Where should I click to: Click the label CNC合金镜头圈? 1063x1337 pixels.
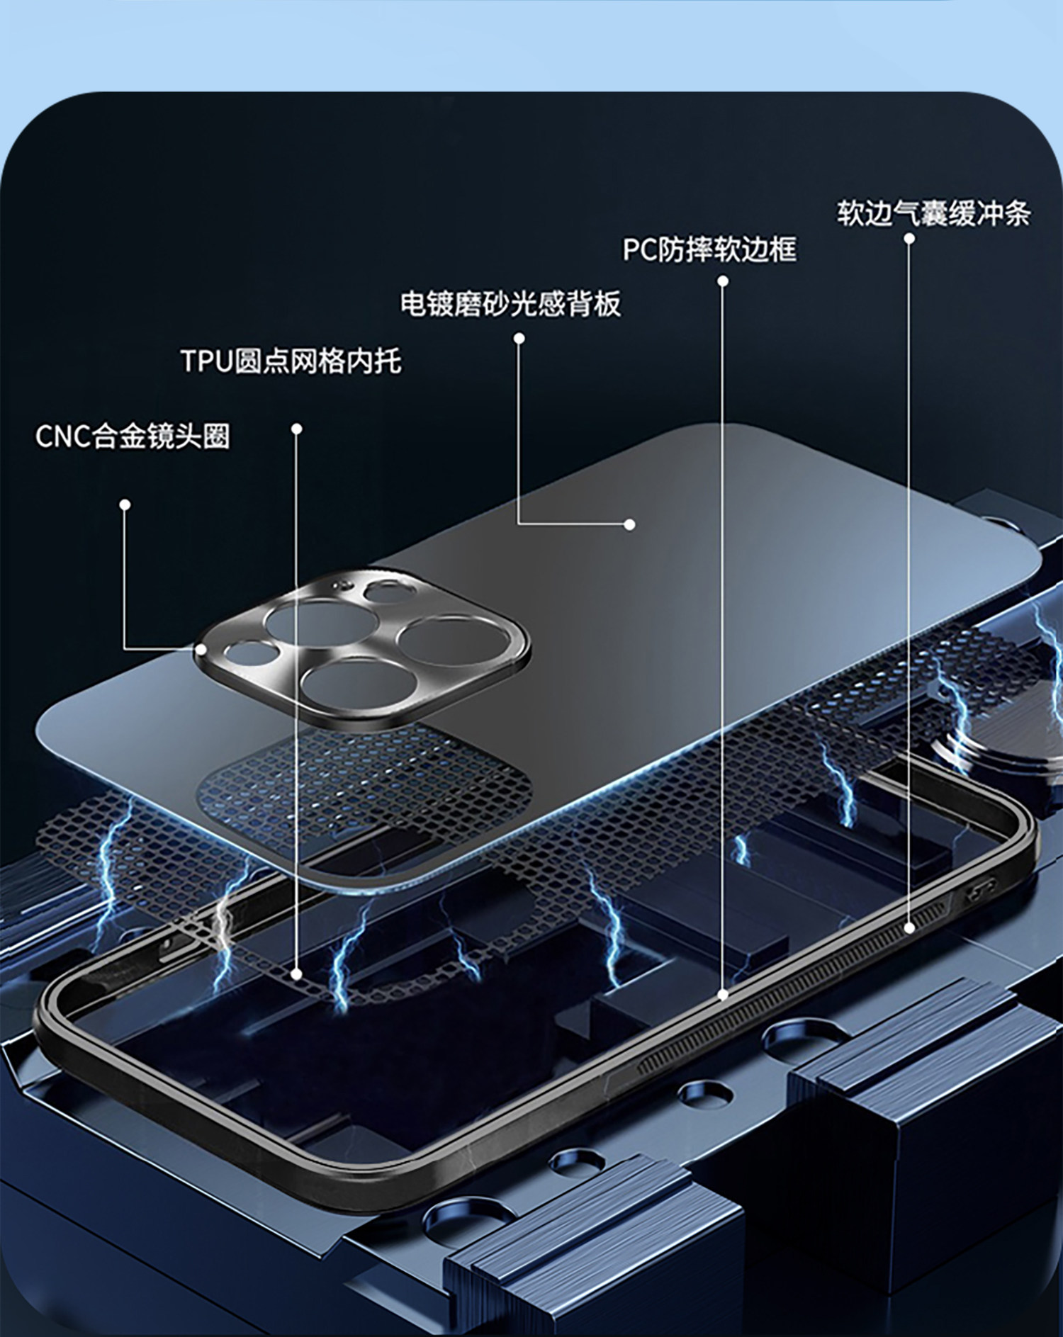pos(133,436)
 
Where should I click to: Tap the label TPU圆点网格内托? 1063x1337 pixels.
pos(291,361)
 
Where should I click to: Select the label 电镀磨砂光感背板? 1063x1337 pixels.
pos(510,304)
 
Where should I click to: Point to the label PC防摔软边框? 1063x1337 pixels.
pos(709,249)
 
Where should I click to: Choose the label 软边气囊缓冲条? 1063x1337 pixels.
pos(933,213)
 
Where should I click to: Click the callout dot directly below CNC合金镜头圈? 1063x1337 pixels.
pos(125,504)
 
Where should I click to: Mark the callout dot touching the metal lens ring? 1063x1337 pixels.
pos(201,648)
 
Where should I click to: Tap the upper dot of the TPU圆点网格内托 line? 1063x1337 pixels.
pos(297,429)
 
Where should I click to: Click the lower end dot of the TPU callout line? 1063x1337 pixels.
pos(297,974)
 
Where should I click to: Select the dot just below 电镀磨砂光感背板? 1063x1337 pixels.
pos(519,338)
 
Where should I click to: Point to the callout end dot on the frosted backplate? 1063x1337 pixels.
pos(629,524)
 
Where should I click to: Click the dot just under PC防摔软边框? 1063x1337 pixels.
pos(723,281)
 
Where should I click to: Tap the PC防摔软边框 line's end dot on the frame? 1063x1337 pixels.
pos(723,995)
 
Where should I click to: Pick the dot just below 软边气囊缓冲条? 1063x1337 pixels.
pos(909,238)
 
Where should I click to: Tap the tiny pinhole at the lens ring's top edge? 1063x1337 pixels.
pos(345,585)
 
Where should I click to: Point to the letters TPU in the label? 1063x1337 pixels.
pos(206,361)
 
